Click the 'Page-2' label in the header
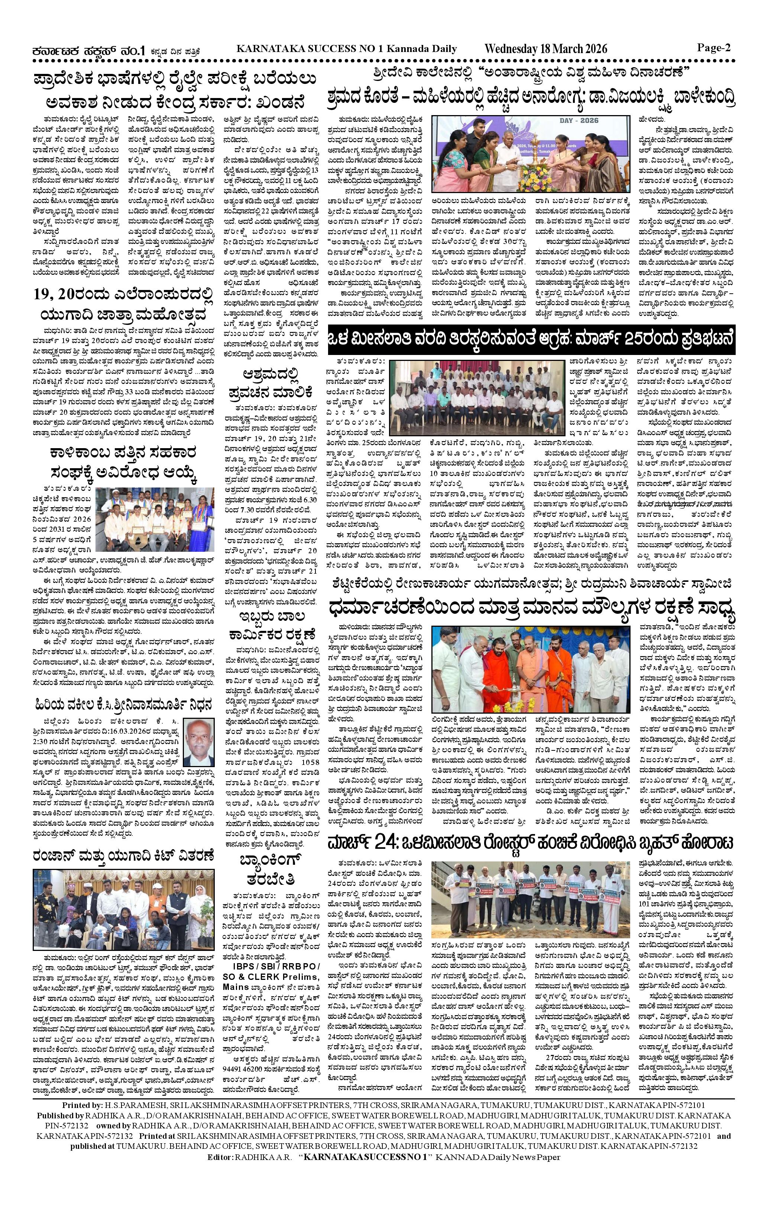(x=714, y=48)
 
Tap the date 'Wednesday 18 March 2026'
(x=546, y=49)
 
